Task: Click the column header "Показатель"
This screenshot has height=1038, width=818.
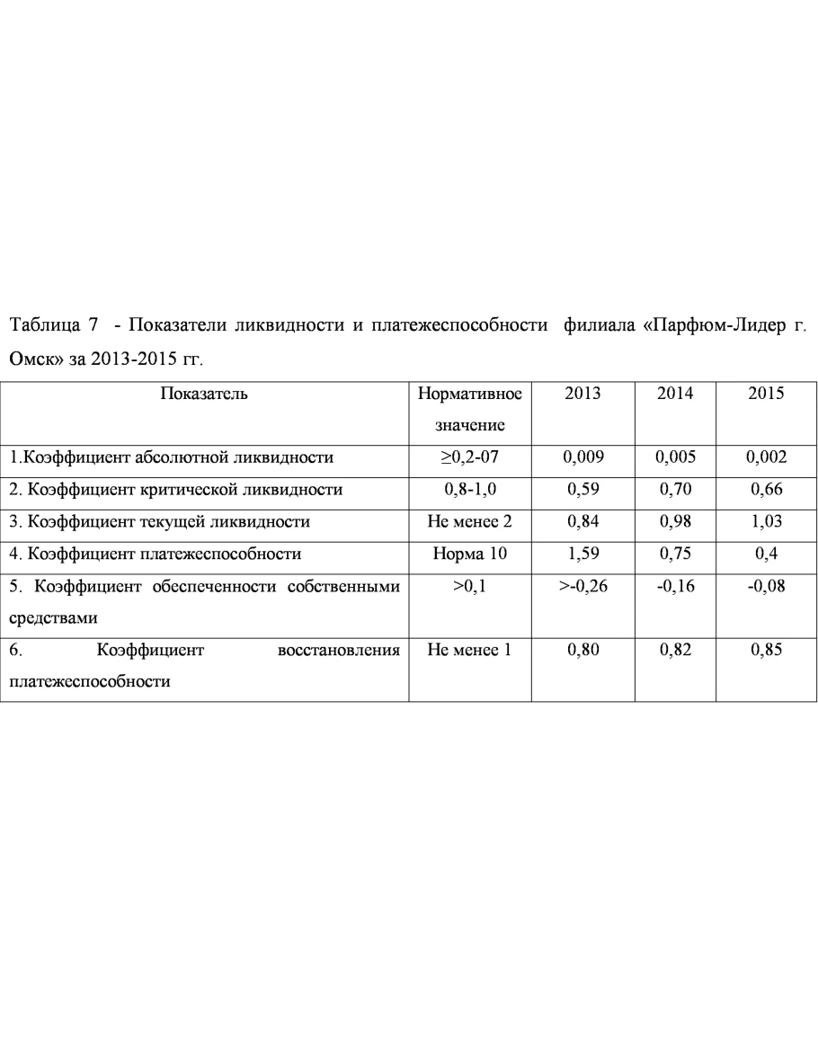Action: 204,394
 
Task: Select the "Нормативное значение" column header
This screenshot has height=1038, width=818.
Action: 469,409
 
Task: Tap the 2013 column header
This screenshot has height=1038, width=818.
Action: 582,394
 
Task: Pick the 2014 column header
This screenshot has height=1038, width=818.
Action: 675,394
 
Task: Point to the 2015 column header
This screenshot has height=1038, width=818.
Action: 766,394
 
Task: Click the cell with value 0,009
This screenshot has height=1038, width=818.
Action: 582,457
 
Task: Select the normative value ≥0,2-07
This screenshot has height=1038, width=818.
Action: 469,457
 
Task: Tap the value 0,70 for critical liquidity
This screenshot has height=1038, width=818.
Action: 675,490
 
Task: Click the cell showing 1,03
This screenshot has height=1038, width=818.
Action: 766,521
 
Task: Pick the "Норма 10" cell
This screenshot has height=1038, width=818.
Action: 469,554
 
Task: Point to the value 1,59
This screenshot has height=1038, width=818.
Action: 582,554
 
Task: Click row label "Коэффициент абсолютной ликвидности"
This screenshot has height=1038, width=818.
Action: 171,457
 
